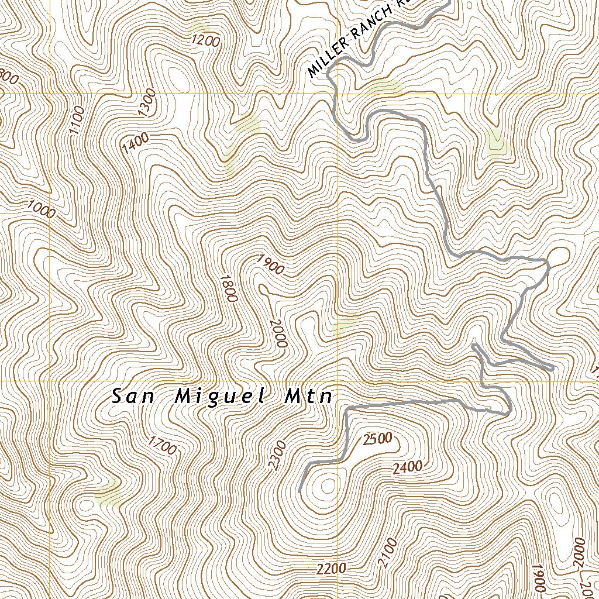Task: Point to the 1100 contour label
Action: (x=77, y=119)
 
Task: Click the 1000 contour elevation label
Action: (x=42, y=209)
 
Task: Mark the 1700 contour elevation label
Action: (x=162, y=445)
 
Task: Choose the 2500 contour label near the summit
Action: (x=377, y=439)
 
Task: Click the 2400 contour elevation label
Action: (x=407, y=467)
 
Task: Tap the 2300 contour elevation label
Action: (x=277, y=455)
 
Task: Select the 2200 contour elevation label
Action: (x=331, y=569)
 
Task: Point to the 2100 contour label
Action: (x=387, y=553)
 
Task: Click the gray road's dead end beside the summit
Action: (x=300, y=491)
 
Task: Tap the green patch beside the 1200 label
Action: (x=199, y=27)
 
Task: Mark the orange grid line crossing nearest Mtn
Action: (x=338, y=381)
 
